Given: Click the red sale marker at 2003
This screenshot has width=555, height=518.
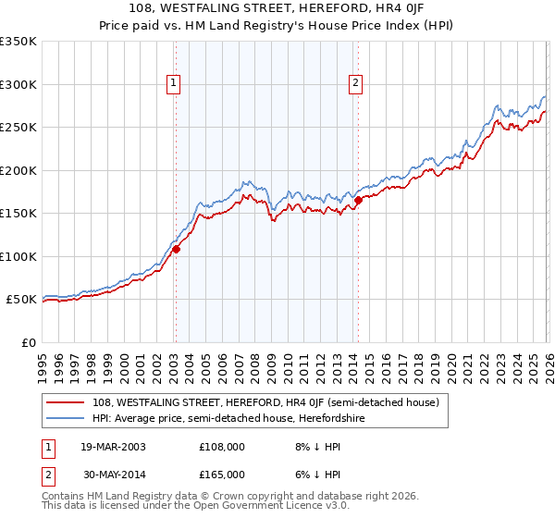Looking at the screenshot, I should (x=176, y=249).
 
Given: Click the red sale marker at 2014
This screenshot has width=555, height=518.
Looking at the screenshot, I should (x=358, y=200).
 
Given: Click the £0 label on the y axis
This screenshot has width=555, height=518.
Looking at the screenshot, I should (x=29, y=342).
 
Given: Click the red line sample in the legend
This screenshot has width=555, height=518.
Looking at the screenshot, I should (x=67, y=402).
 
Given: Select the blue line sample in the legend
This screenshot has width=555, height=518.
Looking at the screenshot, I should (x=67, y=418).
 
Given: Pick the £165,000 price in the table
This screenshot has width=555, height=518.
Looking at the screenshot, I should (x=222, y=474).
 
